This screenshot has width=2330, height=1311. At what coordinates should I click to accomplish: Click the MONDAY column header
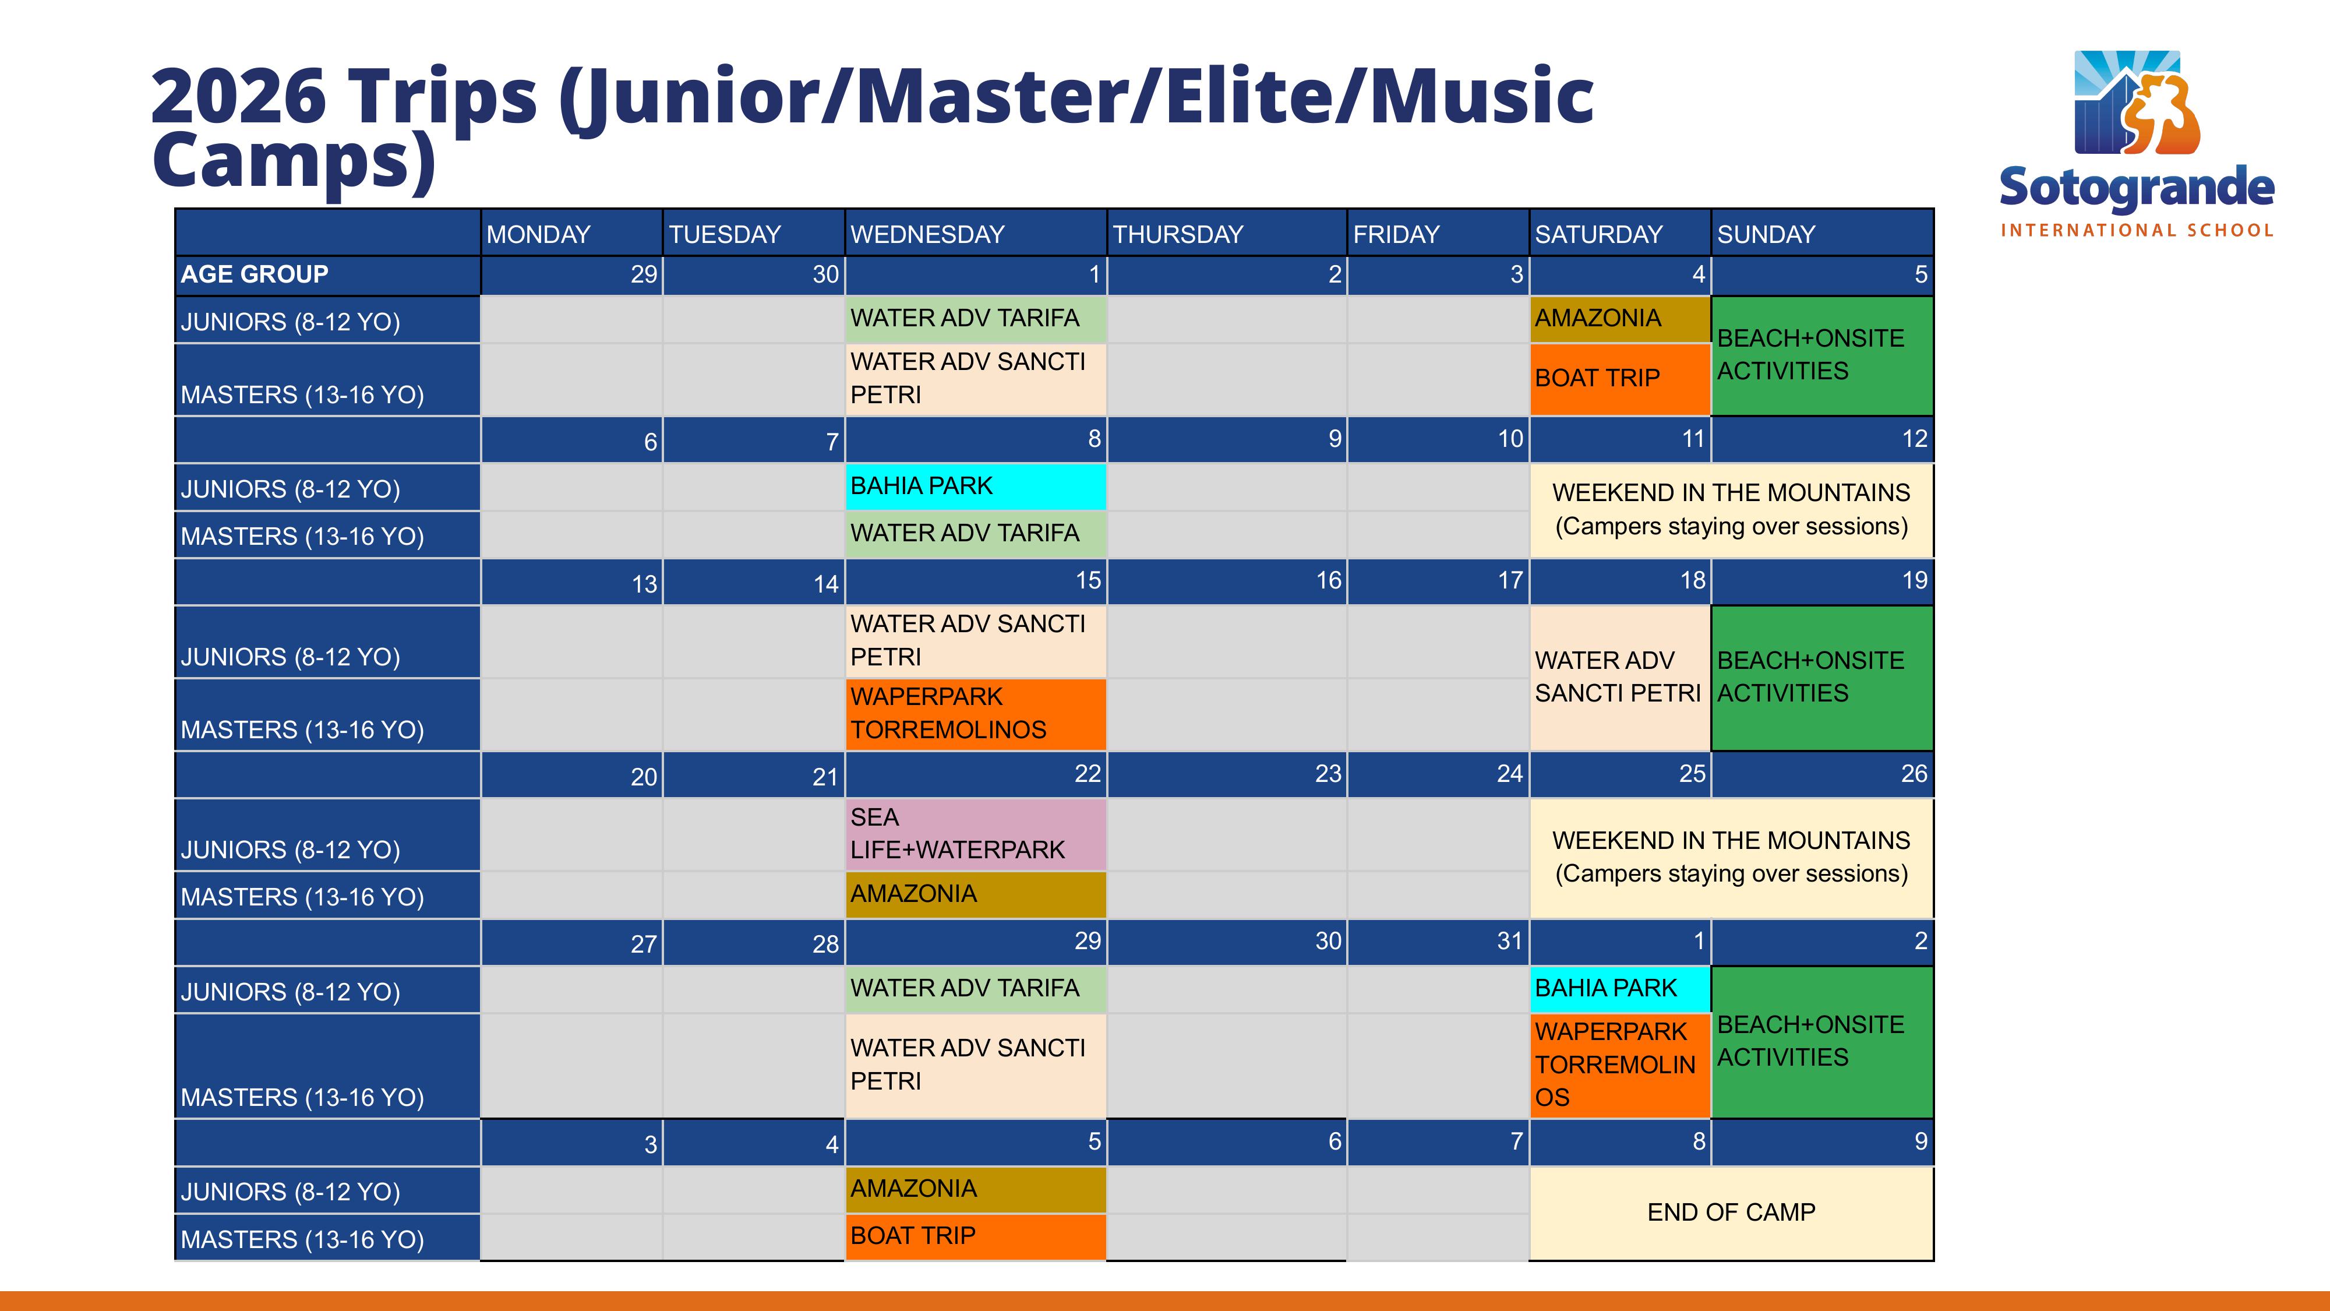571,234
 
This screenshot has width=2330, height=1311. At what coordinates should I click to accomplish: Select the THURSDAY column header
1227,234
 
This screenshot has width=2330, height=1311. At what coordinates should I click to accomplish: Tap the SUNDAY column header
1821,234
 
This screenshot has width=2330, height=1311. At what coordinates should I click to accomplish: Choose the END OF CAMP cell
1731,1213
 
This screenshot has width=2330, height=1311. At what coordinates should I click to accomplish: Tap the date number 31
1510,941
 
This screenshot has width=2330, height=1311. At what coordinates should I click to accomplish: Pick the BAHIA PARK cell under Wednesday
976,487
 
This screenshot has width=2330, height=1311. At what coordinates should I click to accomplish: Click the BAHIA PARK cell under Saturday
1620,989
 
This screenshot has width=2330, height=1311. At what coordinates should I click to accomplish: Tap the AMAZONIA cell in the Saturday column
1620,319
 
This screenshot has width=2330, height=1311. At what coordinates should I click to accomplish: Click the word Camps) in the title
295,161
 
